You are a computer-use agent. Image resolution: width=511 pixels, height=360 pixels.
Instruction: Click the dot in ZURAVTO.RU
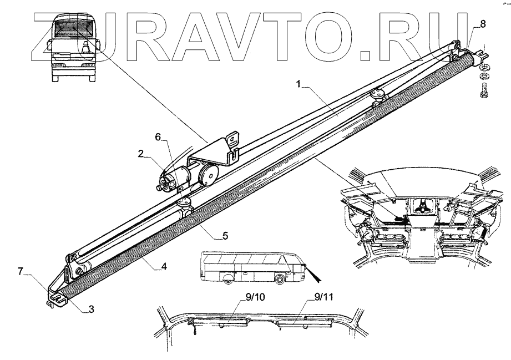366,53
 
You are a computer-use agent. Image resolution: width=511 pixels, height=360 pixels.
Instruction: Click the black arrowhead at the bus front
318,273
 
